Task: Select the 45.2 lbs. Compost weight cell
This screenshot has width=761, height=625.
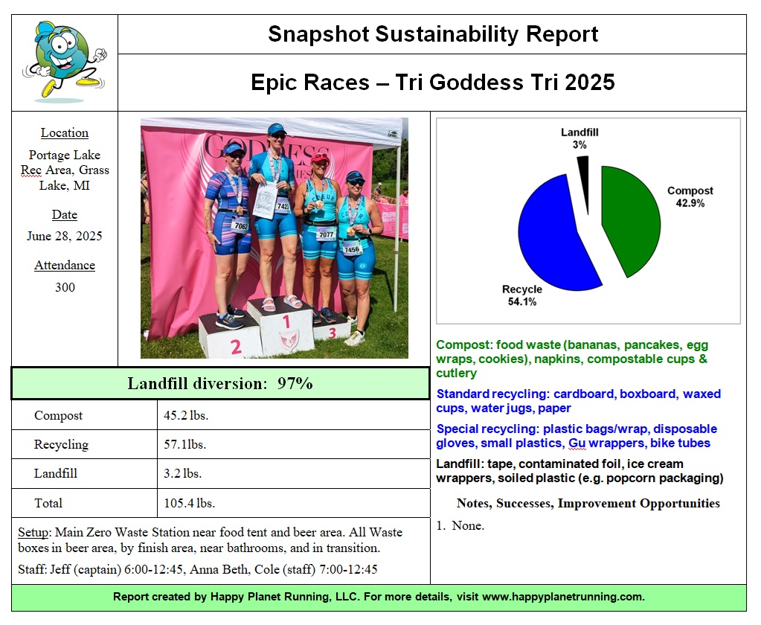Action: coord(186,415)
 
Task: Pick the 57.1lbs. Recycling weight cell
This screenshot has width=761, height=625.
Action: coord(184,444)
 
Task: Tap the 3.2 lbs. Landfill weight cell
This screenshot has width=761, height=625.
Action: coord(182,473)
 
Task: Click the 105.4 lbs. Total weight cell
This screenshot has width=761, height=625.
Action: coord(189,503)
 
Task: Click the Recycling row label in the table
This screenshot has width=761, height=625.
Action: coord(61,444)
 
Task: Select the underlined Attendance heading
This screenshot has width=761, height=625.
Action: coord(65,265)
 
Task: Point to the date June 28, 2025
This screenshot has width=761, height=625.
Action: coord(65,236)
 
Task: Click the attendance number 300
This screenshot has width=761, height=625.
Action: coord(65,287)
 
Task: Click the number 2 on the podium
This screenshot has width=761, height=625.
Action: coord(236,346)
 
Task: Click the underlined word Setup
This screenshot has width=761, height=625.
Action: coord(33,532)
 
